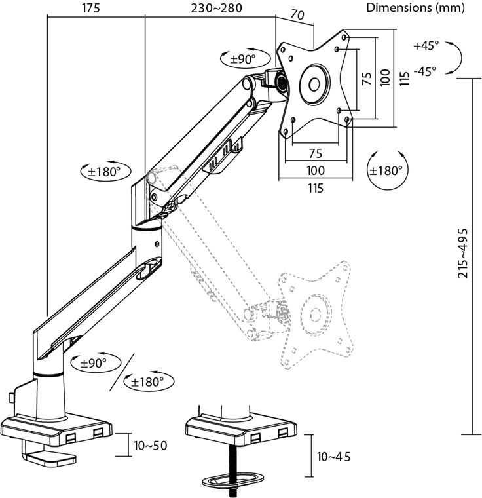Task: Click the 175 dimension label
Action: pyautogui.click(x=92, y=9)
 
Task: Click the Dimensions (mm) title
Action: pyautogui.click(x=416, y=9)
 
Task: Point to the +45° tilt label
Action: pyautogui.click(x=426, y=46)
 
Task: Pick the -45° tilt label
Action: pyautogui.click(x=425, y=71)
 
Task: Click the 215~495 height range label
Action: pyautogui.click(x=462, y=253)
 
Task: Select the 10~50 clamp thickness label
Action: pyautogui.click(x=151, y=446)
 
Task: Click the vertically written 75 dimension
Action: pyautogui.click(x=367, y=78)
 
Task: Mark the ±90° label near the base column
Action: pyautogui.click(x=92, y=362)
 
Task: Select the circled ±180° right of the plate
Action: pyautogui.click(x=386, y=170)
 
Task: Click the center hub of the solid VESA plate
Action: pyautogui.click(x=314, y=84)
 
